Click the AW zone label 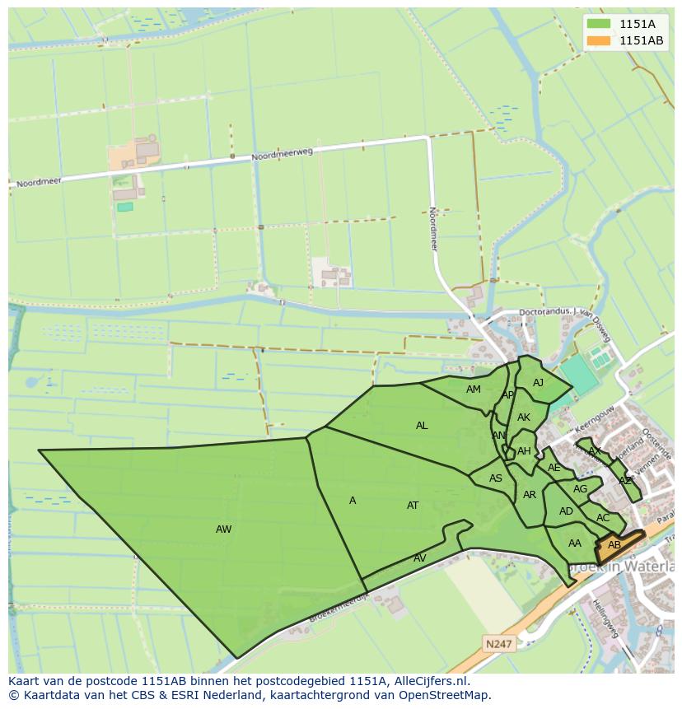223,529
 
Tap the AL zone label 422,426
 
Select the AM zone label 473,389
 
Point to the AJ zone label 538,383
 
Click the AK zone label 524,417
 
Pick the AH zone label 524,451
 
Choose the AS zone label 495,478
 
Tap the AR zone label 530,495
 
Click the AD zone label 566,511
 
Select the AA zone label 575,543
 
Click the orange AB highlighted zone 616,546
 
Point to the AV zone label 420,558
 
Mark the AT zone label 413,506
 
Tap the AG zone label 580,489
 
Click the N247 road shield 497,644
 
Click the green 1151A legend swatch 600,24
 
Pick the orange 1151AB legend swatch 600,40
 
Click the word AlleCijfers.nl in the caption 428,681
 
